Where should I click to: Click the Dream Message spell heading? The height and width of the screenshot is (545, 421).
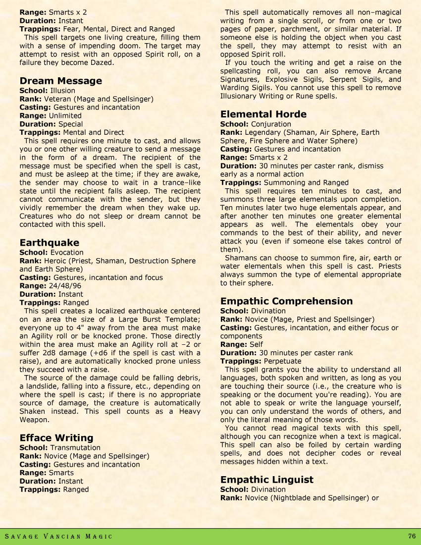60,81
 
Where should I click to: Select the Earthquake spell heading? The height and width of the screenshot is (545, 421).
49,243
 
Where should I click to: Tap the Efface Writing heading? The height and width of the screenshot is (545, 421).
56,438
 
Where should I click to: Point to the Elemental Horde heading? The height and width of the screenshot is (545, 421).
263,114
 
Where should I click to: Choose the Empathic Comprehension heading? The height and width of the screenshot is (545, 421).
286,301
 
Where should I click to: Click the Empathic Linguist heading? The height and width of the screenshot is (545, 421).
266,480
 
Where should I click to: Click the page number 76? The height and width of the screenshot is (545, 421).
412,536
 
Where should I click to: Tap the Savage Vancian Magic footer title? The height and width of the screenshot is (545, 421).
58,537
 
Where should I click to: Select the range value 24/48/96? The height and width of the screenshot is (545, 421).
65,286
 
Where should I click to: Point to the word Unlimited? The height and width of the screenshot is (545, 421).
65,115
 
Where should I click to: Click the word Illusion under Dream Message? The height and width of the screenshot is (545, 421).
63,91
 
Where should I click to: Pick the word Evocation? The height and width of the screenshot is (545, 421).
67,252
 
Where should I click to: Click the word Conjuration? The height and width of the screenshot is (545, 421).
271,124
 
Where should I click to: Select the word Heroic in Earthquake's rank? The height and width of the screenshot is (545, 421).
55,261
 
